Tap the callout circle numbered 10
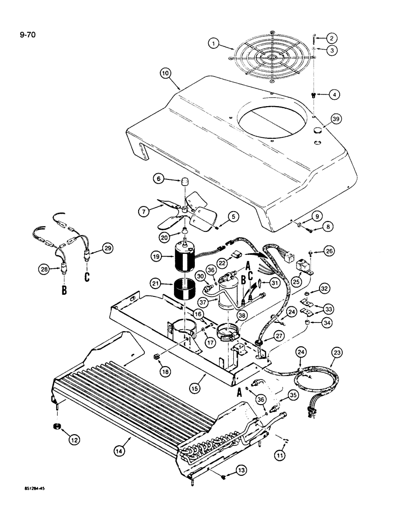165,75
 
